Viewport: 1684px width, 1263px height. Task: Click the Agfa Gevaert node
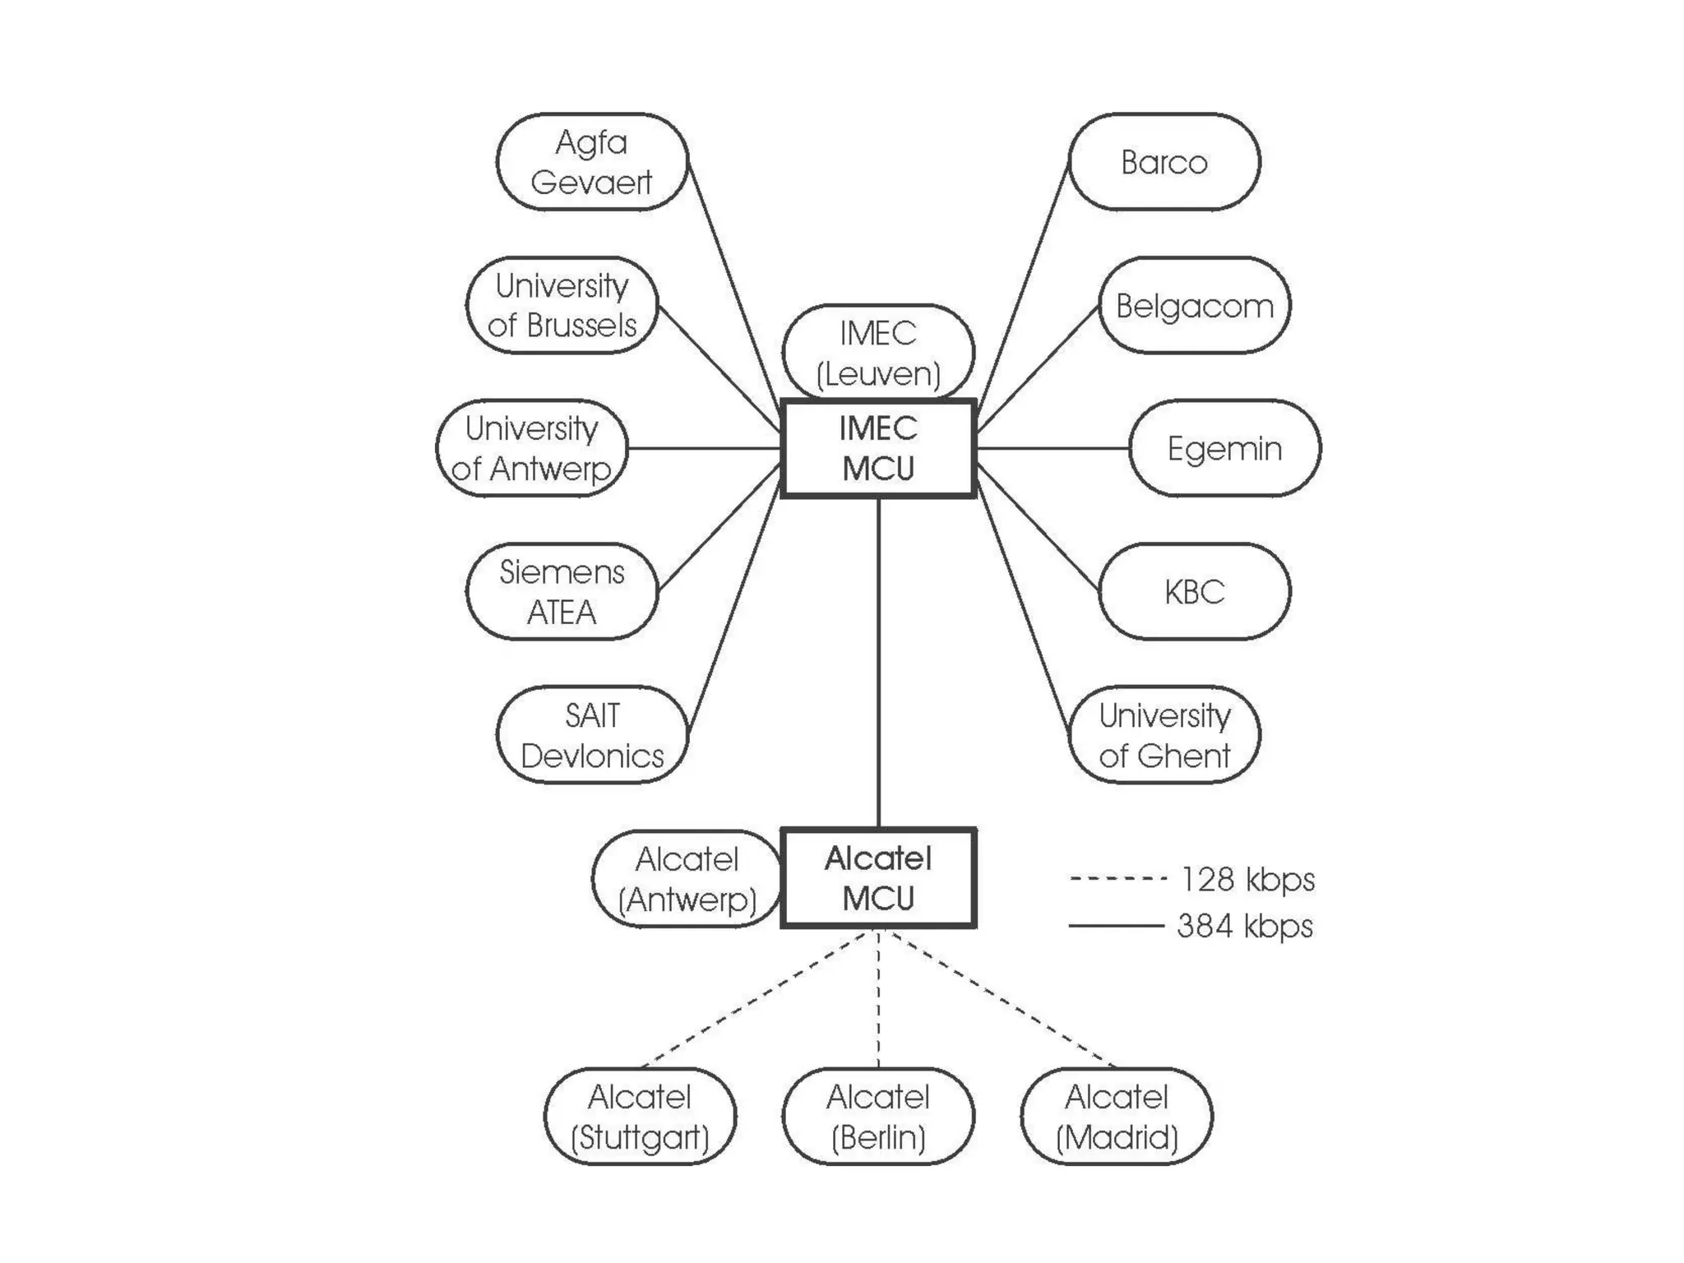tap(591, 162)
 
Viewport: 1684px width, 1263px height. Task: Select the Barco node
tap(1164, 162)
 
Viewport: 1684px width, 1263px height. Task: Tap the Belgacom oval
tap(1194, 306)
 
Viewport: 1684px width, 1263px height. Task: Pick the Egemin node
tap(1224, 448)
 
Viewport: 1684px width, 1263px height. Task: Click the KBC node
tap(1194, 591)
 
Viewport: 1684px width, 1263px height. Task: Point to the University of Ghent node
tap(1164, 734)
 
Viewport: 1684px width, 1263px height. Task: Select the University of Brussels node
tap(562, 306)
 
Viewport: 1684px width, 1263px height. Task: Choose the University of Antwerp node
tap(531, 448)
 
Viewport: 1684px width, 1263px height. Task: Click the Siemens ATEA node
tap(562, 591)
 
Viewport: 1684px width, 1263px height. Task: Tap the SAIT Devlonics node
tap(591, 734)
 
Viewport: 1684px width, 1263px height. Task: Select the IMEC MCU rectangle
tap(878, 448)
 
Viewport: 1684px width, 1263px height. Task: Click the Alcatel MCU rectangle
tap(878, 878)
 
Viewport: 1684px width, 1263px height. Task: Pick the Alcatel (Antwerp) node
tap(687, 878)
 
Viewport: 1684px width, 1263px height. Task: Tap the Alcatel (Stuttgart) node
tap(640, 1116)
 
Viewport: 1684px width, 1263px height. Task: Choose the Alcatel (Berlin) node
tap(878, 1116)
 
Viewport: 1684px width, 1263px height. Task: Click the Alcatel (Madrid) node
tap(1116, 1116)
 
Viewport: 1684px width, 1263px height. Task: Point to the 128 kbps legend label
tap(1247, 879)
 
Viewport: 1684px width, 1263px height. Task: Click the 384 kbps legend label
tap(1245, 926)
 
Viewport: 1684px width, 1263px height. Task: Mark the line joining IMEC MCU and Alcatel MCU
tap(878, 662)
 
